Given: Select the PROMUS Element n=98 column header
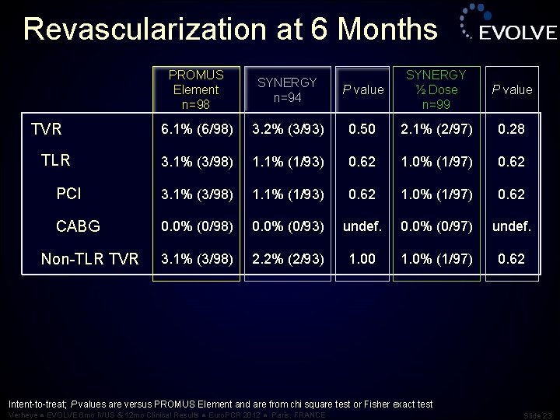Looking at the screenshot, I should point(196,89).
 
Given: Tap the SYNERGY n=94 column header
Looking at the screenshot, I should point(287,89).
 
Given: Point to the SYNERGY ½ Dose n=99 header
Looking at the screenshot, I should point(436,89).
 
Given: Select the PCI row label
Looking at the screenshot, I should point(69,193).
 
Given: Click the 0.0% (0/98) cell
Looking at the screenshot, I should point(196,226).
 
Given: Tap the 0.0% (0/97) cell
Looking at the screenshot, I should point(436,226).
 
